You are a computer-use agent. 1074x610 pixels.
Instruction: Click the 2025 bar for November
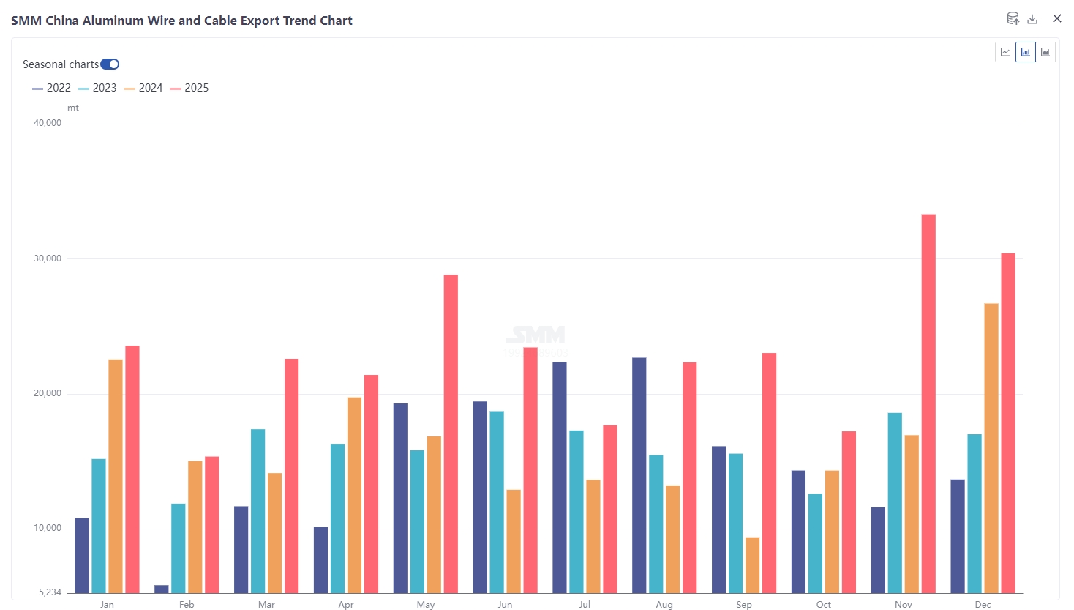click(x=928, y=403)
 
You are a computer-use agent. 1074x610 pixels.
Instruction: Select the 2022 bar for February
click(x=162, y=589)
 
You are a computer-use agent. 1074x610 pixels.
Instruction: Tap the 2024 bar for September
click(x=752, y=565)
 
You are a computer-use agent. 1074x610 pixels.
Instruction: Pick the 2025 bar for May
click(x=451, y=434)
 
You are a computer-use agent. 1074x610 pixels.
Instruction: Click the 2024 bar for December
click(x=991, y=448)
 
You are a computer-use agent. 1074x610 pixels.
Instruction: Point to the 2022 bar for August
click(x=639, y=475)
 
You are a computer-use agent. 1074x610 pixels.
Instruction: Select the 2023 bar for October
click(x=815, y=543)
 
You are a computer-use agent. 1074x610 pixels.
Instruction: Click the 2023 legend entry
click(x=97, y=88)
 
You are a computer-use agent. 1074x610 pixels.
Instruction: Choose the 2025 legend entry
click(x=189, y=88)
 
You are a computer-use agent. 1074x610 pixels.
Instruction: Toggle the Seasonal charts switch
click(x=110, y=64)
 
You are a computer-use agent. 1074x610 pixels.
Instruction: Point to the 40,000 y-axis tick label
click(x=48, y=123)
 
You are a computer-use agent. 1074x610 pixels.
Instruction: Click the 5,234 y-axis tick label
click(x=50, y=592)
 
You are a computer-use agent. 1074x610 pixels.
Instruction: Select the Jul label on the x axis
click(x=585, y=605)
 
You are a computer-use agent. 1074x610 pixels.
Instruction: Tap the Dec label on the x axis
click(x=983, y=605)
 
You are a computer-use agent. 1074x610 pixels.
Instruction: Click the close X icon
click(x=1056, y=18)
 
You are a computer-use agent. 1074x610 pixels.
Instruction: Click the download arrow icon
click(x=1032, y=19)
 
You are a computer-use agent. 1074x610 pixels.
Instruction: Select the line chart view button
click(x=1005, y=52)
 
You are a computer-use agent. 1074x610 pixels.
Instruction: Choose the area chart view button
click(x=1045, y=52)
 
